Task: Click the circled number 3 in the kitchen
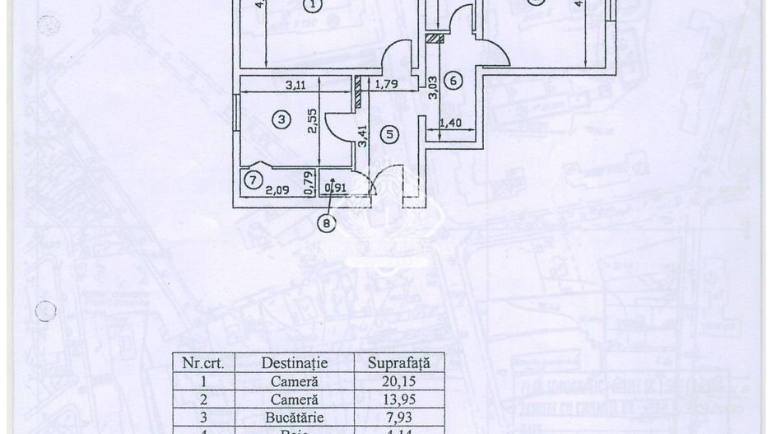click(281, 120)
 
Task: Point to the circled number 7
click(253, 178)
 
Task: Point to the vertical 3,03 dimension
click(433, 88)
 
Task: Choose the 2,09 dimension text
click(277, 189)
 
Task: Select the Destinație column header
click(294, 362)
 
